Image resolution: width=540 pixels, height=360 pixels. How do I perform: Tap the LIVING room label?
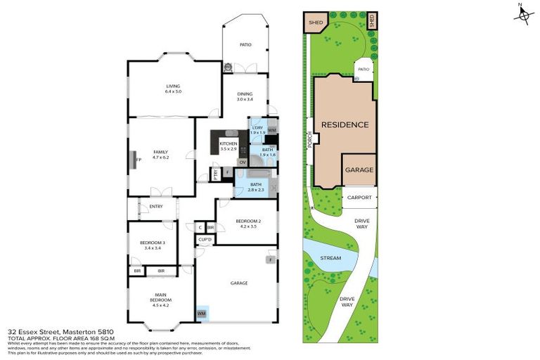173,87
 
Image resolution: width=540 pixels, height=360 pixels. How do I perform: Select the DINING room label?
244,96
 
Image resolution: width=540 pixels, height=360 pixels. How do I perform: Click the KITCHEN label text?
229,146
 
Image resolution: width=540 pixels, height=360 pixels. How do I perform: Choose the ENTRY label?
155,206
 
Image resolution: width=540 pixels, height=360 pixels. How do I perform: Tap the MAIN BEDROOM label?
160,300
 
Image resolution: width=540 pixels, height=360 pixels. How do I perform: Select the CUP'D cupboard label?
205,240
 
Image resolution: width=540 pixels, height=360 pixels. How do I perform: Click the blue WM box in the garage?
202,313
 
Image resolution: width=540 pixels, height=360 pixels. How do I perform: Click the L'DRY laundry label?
257,130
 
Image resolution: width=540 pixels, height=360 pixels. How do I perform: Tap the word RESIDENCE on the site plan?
345,125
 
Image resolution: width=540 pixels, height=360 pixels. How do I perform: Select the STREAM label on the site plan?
330,258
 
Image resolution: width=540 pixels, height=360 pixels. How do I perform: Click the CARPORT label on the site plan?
359,198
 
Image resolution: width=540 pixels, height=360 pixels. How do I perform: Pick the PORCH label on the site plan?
309,141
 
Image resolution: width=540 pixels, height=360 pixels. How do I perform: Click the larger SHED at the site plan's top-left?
315,22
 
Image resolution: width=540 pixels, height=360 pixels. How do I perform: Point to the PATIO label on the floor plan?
244,45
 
